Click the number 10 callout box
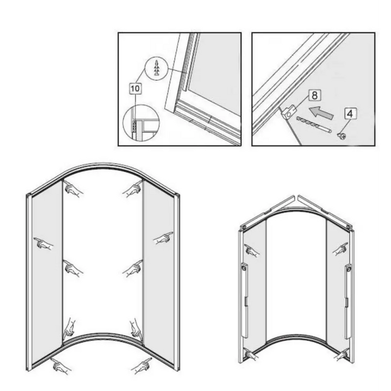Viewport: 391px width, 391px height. pyautogui.click(x=135, y=88)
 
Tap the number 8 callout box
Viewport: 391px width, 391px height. pyautogui.click(x=314, y=95)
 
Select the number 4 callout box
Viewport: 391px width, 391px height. pyautogui.click(x=350, y=114)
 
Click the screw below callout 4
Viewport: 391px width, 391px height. pyautogui.click(x=341, y=136)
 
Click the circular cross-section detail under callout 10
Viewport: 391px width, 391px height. pyautogui.click(x=141, y=123)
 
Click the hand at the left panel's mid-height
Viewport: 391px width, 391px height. pyautogui.click(x=44, y=244)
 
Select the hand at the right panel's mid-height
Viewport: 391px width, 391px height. pyautogui.click(x=163, y=238)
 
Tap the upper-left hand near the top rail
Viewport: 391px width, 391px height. pyautogui.click(x=73, y=188)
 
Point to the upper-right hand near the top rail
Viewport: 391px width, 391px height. pyautogui.click(x=133, y=189)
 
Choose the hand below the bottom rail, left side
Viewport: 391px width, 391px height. pyautogui.click(x=60, y=365)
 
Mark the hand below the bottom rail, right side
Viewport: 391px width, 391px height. pyautogui.click(x=142, y=365)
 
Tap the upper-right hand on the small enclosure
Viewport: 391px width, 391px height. pyautogui.click(x=341, y=249)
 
